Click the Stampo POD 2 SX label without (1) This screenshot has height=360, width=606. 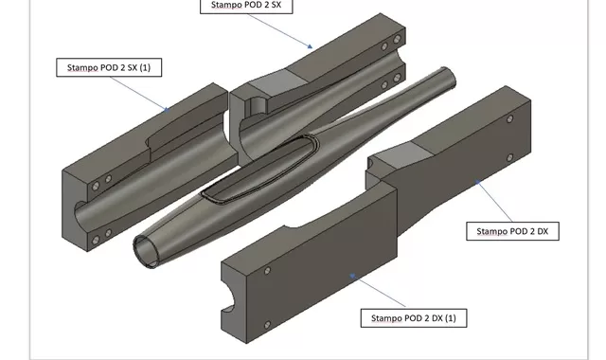point(246,6)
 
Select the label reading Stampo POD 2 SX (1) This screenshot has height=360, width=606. point(109,67)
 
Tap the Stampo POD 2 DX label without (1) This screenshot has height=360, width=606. point(512,231)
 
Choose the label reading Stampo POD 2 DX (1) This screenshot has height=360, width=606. point(414,318)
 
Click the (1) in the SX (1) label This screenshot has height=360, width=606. point(145,67)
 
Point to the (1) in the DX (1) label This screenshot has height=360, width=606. point(451,318)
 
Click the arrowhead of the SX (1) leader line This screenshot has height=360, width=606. point(167,110)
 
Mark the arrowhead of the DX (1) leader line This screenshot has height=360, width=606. point(352,276)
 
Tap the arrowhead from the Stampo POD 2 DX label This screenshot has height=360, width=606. point(477,181)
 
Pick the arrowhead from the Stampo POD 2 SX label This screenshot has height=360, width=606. point(310,46)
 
